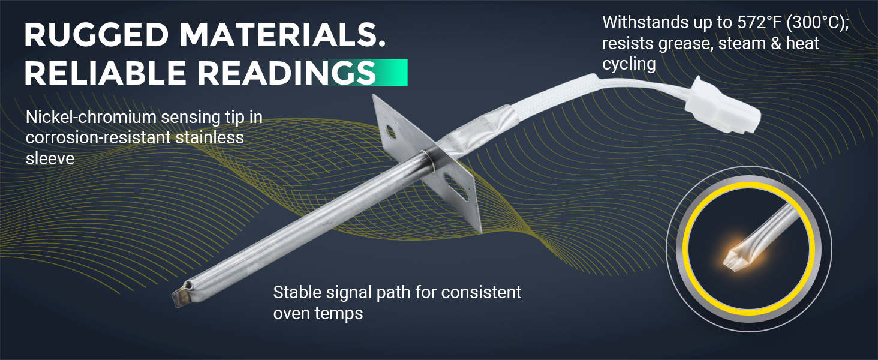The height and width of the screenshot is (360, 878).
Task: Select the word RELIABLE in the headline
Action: pyautogui.click(x=105, y=73)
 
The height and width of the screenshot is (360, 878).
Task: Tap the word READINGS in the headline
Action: pyautogui.click(x=287, y=73)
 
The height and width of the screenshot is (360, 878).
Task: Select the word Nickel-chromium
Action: pyautogui.click(x=91, y=117)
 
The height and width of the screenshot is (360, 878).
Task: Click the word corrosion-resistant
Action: pyautogui.click(x=98, y=137)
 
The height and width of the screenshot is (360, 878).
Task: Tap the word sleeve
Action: pyautogui.click(x=50, y=159)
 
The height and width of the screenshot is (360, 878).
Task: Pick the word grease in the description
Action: pyautogui.click(x=682, y=44)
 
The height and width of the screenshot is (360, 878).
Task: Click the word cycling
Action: pyautogui.click(x=629, y=64)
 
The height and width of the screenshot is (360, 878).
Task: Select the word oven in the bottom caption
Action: pyautogui.click(x=291, y=314)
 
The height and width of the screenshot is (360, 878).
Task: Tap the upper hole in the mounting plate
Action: pyautogui.click(x=390, y=131)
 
